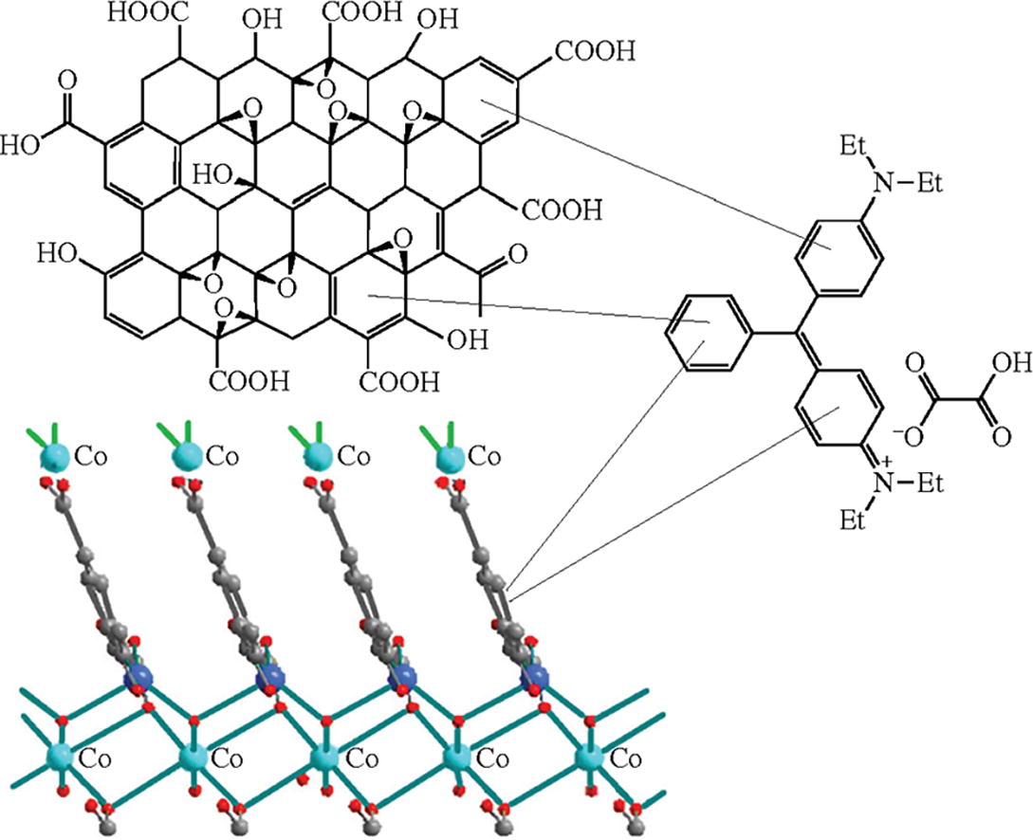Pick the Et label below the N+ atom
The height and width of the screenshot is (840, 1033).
click(x=854, y=520)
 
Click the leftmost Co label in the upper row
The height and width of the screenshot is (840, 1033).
click(x=91, y=458)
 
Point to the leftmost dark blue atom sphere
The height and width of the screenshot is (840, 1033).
click(x=140, y=679)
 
